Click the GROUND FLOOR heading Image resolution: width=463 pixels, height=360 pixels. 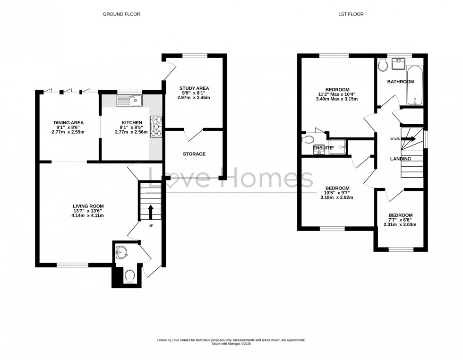pos(121,14)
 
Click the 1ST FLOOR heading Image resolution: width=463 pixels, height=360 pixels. pos(351,14)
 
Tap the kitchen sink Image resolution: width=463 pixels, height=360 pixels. pos(129,100)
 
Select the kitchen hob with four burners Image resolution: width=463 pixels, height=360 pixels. pos(156,126)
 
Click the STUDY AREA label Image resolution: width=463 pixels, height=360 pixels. pos(194,88)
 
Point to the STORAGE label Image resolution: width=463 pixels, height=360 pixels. pos(194,154)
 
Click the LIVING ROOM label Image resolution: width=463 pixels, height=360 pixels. pos(88,206)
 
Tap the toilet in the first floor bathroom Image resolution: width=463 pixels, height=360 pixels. pos(383,65)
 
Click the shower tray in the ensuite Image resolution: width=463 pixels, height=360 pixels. pos(338,147)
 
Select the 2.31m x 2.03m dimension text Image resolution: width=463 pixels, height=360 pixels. pos(400,224)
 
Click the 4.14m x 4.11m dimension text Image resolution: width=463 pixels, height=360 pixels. pos(88,215)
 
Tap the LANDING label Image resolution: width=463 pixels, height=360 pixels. pos(400,159)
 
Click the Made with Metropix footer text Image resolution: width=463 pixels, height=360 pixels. pos(231,344)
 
